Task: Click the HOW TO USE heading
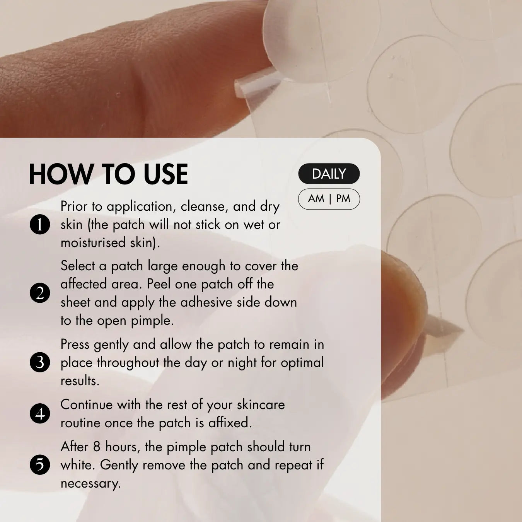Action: [x=108, y=174]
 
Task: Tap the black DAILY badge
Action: [x=329, y=174]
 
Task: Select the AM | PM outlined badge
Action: [x=329, y=199]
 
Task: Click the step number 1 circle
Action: [x=40, y=224]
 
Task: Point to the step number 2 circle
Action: [x=40, y=293]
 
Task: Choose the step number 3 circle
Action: [x=40, y=362]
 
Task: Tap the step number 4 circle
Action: [x=40, y=413]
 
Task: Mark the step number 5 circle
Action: [x=40, y=464]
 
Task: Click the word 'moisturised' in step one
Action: [x=93, y=242]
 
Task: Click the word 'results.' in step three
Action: [x=80, y=381]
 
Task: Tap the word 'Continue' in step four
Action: [x=86, y=405]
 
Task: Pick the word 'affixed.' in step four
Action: [x=230, y=423]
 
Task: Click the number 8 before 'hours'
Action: [x=97, y=447]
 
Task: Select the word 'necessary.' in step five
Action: [x=90, y=484]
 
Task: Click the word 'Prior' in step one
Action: [x=74, y=206]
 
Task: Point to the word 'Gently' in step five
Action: [x=119, y=466]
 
